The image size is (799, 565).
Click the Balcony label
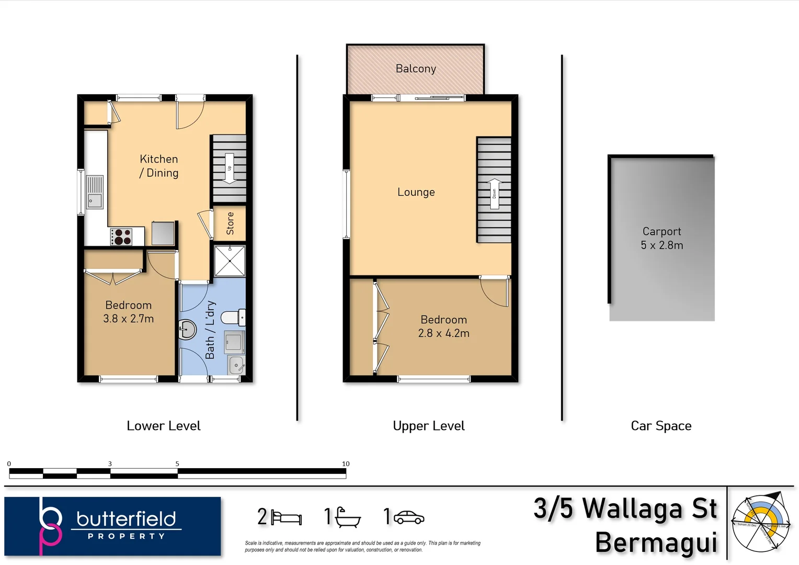[x=416, y=69]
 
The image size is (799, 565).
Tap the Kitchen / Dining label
[x=159, y=166]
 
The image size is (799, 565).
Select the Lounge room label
[x=416, y=192]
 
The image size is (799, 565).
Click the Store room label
[x=230, y=223]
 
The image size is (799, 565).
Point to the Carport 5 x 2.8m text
[x=661, y=238]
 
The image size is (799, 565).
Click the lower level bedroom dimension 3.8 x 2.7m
[x=128, y=319]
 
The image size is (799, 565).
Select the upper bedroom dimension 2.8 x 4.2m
[x=443, y=333]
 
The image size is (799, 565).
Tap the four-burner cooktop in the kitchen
[x=121, y=237]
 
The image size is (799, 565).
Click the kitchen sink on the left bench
[x=95, y=192]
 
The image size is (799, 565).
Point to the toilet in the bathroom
[x=233, y=317]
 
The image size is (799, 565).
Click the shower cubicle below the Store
[x=230, y=261]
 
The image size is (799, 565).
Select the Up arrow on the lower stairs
[x=229, y=168]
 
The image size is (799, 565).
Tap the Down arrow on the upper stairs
[x=494, y=194]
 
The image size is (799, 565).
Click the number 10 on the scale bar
[x=345, y=464]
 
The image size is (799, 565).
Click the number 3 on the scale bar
[x=110, y=464]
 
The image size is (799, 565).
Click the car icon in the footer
[x=409, y=517]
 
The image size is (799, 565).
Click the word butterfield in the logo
[x=126, y=519]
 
